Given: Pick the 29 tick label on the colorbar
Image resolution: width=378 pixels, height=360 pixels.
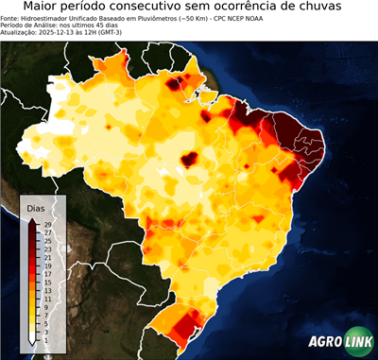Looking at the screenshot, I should click(47, 225).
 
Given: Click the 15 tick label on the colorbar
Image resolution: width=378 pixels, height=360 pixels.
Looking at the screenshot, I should click(47, 283).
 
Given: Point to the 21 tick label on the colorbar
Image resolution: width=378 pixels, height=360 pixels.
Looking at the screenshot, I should click(47, 258).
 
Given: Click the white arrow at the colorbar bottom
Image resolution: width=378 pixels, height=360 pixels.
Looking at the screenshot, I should click(33, 338).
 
